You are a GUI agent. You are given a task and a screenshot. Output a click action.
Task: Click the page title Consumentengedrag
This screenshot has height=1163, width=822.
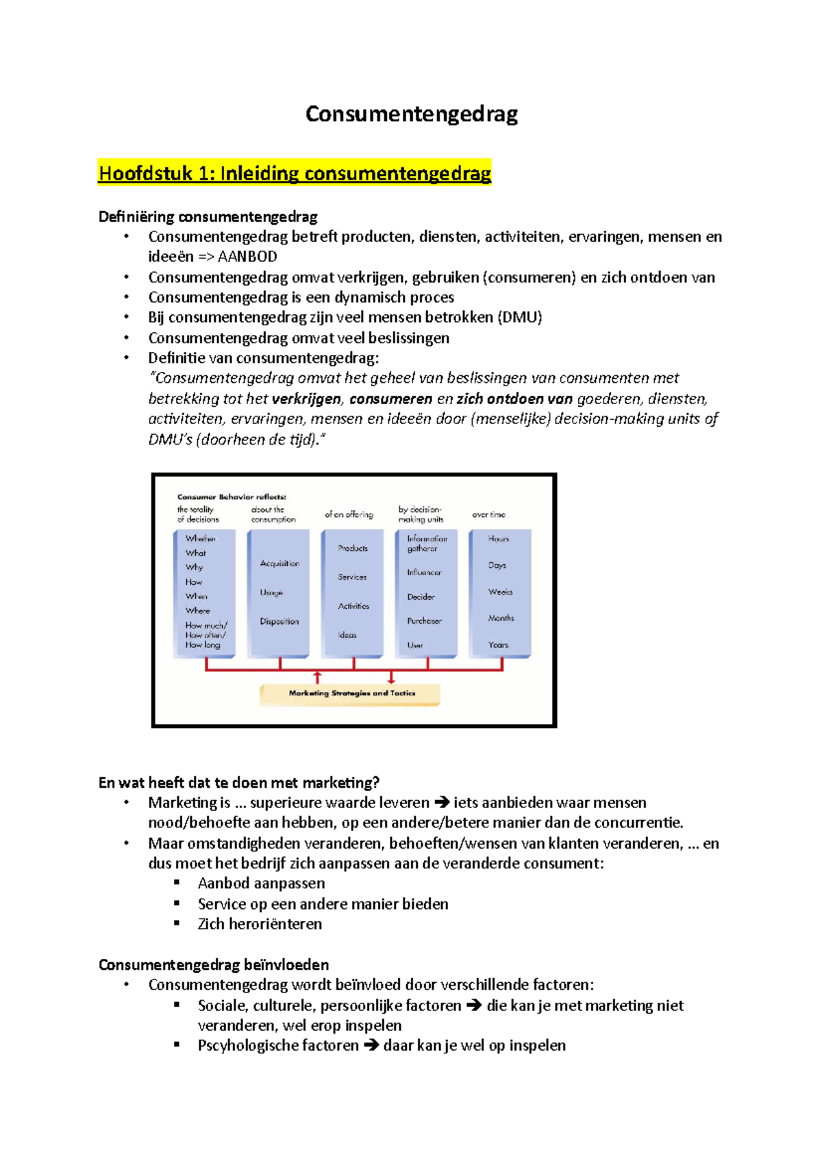point(411,114)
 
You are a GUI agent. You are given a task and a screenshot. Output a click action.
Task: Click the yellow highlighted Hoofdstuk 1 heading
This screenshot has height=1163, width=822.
point(295,173)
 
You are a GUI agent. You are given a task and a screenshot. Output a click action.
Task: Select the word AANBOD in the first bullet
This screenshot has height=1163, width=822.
point(247,257)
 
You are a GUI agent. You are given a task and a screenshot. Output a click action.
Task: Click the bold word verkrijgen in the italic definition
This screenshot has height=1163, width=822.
point(306,399)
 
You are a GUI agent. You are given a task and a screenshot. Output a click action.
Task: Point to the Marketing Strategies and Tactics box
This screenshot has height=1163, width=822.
point(350,694)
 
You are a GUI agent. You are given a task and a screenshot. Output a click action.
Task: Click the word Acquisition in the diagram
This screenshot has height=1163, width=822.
point(279,564)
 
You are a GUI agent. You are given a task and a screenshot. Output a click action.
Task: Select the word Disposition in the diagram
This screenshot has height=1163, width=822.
point(279,621)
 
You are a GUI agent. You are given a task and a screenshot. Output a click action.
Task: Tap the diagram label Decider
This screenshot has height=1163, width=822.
point(421,597)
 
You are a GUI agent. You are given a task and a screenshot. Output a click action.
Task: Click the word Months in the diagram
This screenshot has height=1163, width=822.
point(501,618)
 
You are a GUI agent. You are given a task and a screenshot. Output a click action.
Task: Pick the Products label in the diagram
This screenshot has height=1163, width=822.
point(353,548)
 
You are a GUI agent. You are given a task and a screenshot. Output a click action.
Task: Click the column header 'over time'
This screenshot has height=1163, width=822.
point(488,514)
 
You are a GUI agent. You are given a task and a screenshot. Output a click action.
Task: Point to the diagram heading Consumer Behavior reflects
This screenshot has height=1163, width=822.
point(232,497)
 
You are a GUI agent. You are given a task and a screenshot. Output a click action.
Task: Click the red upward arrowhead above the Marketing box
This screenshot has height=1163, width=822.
point(317,677)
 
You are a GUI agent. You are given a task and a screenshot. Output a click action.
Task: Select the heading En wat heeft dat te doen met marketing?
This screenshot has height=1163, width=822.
point(239,783)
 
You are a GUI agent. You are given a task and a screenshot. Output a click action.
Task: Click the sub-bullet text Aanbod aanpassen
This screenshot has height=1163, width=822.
point(261,884)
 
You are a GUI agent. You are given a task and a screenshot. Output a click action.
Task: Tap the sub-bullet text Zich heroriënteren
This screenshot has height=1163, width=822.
point(260,924)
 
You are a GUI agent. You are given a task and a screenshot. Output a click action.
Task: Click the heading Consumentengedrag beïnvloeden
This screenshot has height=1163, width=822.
point(214,965)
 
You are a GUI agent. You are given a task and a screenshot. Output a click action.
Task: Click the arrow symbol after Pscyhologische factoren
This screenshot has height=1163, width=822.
point(371,1046)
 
